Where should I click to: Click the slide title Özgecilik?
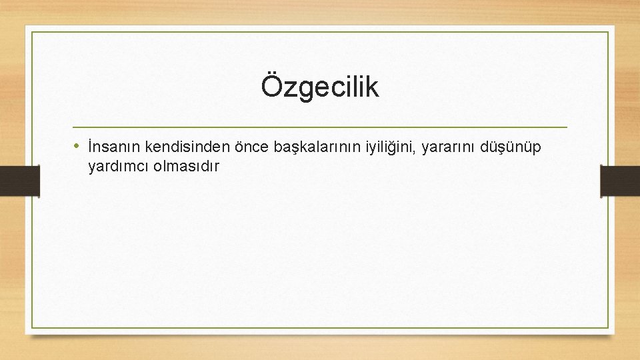[x=320, y=87]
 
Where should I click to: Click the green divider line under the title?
[x=320, y=127]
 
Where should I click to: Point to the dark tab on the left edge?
[x=19, y=181]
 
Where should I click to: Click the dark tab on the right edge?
[x=620, y=181]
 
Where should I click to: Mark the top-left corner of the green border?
[x=32, y=32]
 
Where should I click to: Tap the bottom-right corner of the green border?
[x=608, y=327]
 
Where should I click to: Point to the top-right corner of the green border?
[x=608, y=32]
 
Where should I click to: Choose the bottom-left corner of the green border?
[x=32, y=327]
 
